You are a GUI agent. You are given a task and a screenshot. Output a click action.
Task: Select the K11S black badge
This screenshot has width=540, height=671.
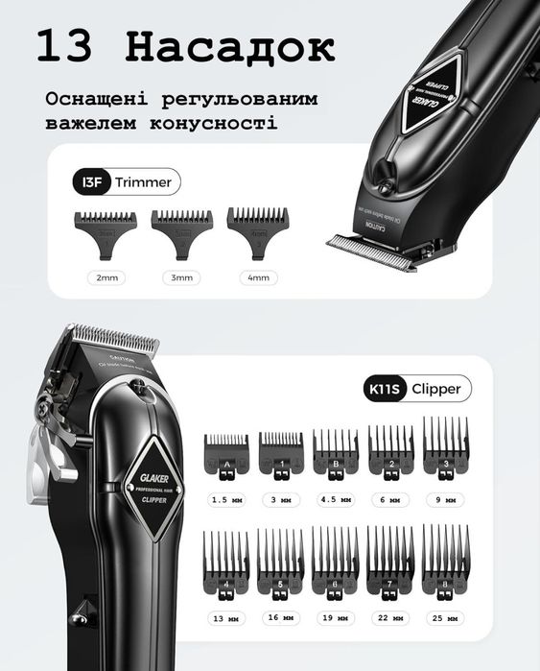(x=382, y=389)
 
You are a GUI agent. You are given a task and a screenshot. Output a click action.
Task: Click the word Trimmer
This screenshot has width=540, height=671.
(x=143, y=181)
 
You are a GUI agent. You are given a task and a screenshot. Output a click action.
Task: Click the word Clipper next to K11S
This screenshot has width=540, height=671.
(x=435, y=389)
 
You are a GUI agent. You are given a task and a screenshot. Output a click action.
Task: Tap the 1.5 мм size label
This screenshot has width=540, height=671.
(x=226, y=500)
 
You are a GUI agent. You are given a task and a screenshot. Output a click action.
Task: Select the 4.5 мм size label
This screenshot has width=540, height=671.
(x=335, y=500)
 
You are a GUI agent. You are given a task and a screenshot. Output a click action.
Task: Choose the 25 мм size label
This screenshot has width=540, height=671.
(x=445, y=617)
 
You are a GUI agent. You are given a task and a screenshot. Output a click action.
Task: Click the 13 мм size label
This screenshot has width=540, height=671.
(x=226, y=617)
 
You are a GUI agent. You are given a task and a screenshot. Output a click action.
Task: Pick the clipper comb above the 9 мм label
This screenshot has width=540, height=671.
(x=444, y=450)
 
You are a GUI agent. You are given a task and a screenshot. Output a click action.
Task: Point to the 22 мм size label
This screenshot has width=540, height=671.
(x=389, y=617)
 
